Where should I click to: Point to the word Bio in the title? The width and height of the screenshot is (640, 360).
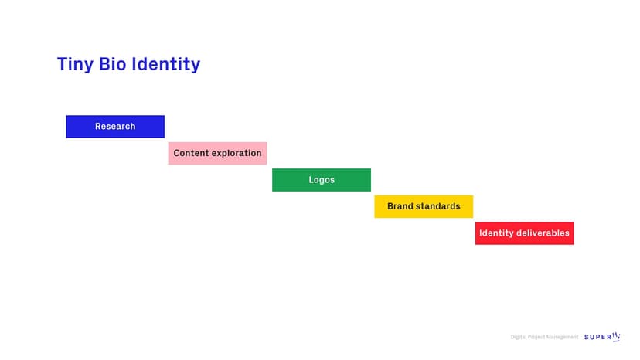(113, 64)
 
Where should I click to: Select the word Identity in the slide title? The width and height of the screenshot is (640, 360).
(165, 64)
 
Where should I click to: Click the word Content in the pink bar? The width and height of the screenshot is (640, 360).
(191, 153)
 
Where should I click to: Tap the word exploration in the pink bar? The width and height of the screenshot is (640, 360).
(237, 153)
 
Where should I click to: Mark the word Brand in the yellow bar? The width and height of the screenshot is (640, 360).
(401, 206)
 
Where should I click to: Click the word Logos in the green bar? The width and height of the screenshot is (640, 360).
(322, 180)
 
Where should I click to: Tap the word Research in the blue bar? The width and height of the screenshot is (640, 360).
(115, 127)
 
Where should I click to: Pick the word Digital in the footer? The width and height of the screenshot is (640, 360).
(518, 337)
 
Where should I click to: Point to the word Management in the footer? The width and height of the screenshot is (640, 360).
(562, 337)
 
